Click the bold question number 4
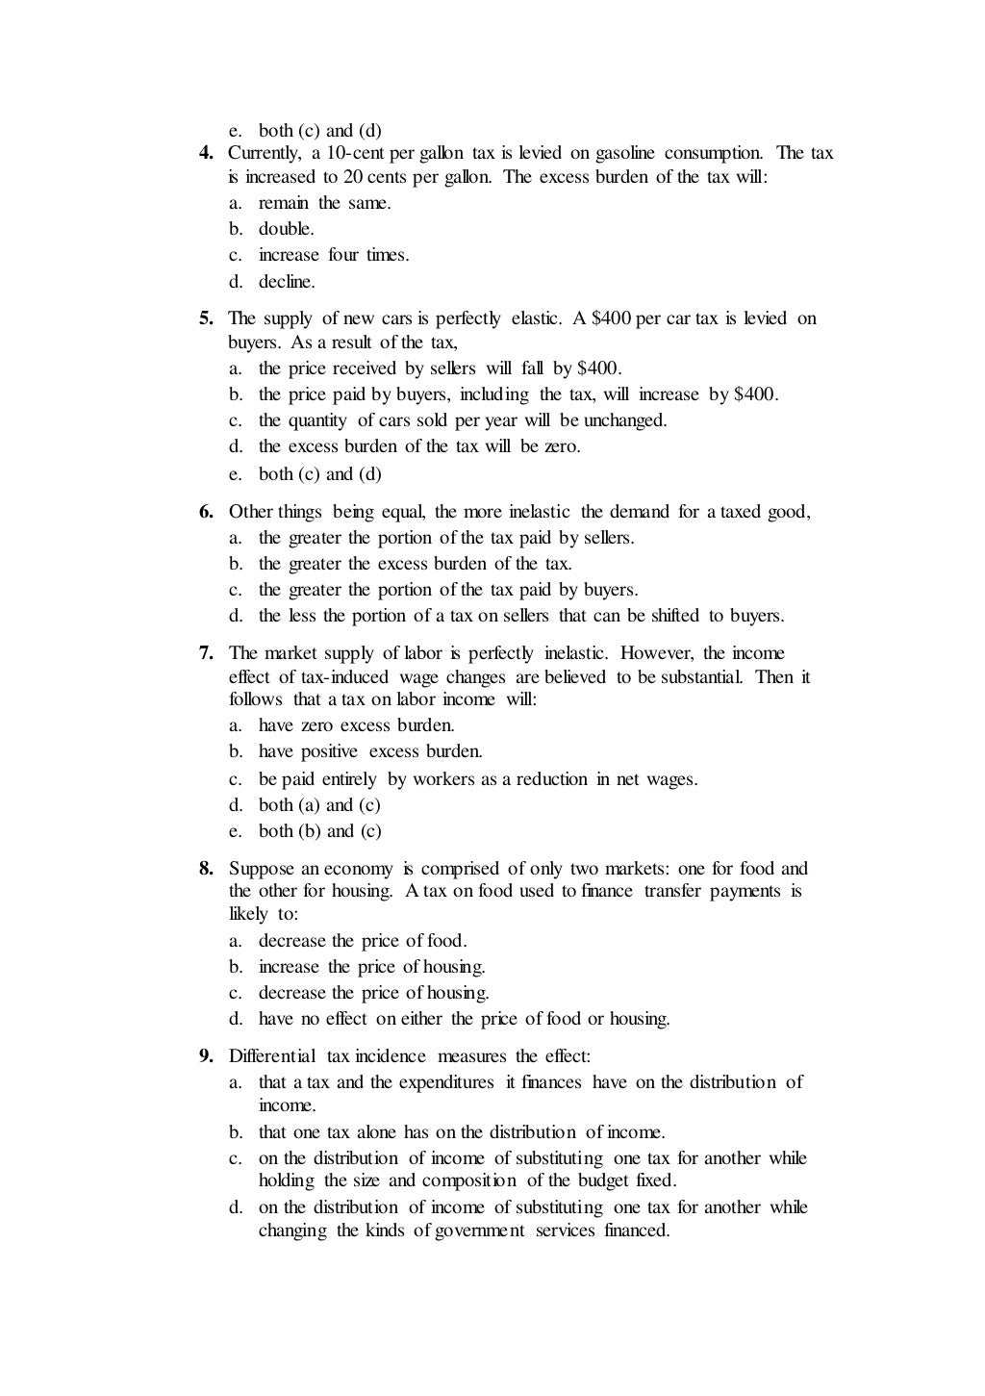pos(206,153)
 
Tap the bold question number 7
pos(206,653)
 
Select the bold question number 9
pos(206,1056)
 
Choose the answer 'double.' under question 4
pos(287,229)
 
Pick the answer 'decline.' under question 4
pos(287,282)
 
